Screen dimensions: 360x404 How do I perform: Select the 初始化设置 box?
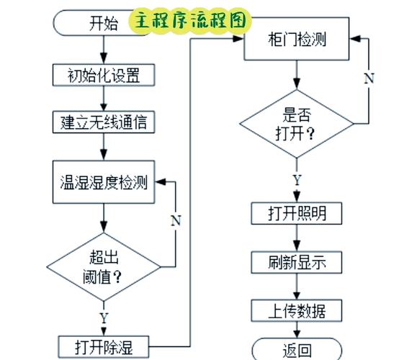[104, 74]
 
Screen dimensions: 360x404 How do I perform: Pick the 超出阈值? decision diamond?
[104, 266]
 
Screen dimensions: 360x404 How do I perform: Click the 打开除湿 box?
[104, 347]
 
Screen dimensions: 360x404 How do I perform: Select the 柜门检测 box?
[297, 40]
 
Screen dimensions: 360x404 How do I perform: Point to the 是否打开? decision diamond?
[297, 124]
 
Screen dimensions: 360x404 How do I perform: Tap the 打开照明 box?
[296, 214]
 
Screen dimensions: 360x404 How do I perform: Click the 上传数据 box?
[296, 310]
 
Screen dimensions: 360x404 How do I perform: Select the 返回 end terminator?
[297, 350]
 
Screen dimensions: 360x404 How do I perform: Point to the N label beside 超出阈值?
[175, 220]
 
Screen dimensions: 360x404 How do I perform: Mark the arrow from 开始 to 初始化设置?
[104, 49]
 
